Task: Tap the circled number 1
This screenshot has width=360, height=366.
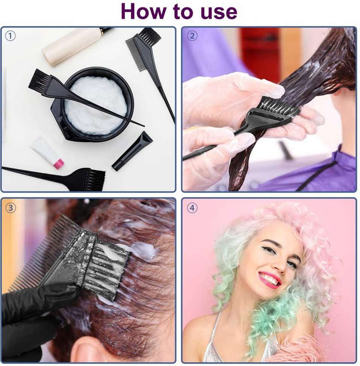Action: coord(10,36)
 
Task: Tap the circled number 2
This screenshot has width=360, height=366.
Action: coord(192,36)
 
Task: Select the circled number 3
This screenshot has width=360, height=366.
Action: coord(11,208)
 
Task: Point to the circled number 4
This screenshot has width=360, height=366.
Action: coord(192,208)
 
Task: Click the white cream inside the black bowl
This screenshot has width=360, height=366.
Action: coord(96,105)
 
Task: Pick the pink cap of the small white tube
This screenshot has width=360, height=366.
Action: coord(59,164)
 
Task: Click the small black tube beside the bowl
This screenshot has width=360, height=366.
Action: coord(132,151)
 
